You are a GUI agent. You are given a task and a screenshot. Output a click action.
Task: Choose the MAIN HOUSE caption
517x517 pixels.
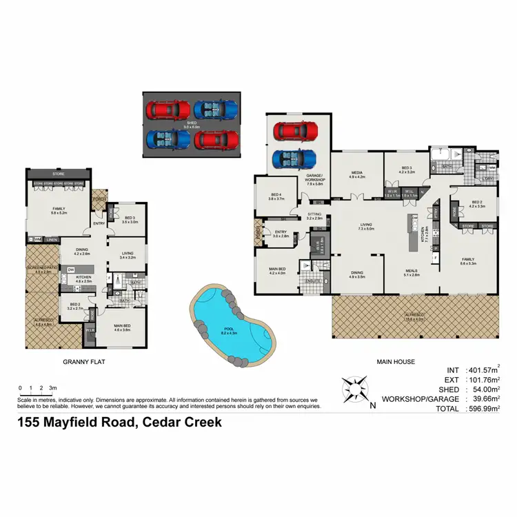click(396, 361)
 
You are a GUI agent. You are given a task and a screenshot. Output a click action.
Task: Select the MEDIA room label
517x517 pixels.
click(356, 173)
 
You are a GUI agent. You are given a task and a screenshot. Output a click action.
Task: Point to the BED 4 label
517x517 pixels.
click(275, 196)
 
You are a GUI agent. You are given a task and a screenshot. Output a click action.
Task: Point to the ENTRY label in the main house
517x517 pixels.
click(281, 232)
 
